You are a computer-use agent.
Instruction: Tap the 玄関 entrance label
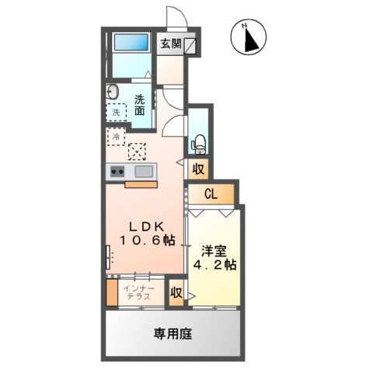[171, 44]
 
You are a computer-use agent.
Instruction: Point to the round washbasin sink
[112, 92]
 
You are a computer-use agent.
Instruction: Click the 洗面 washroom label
[139, 104]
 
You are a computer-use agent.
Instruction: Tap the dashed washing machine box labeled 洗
[116, 112]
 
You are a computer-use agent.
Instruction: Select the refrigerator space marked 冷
[116, 137]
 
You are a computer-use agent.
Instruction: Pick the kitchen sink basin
[145, 171]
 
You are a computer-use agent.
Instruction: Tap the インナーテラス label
[141, 294]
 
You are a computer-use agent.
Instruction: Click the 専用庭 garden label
[173, 334]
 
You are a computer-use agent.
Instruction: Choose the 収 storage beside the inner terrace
[176, 292]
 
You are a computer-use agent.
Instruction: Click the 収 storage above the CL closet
[198, 169]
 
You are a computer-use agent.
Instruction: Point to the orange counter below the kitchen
[139, 184]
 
